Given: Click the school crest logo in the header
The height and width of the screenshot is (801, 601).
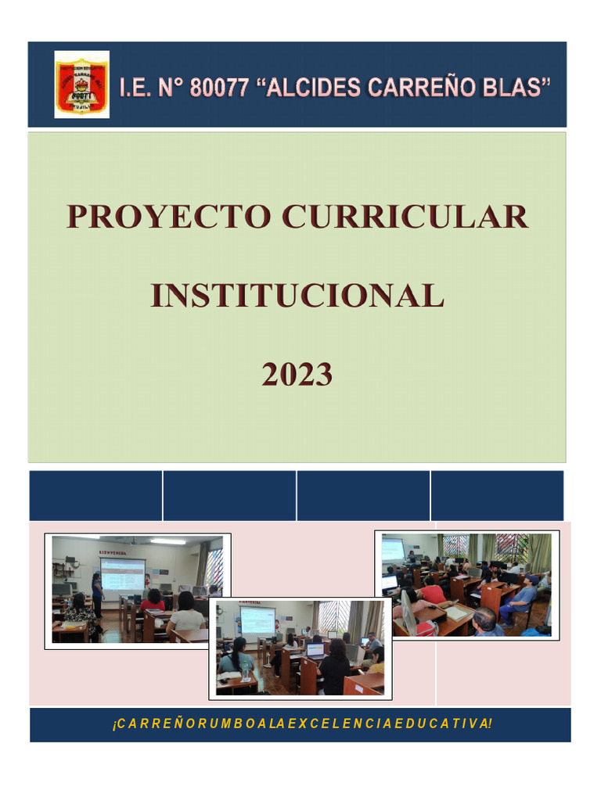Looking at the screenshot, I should tap(81, 84).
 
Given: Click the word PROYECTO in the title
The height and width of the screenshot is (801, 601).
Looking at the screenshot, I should tap(168, 217).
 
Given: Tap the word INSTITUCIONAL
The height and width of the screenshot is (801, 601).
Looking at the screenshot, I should tap(297, 296).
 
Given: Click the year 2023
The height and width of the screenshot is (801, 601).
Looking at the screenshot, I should tap(297, 375).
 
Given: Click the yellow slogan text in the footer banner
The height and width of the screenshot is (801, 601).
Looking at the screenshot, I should tap(300, 724).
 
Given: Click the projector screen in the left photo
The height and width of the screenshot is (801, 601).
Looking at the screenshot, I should tap(122, 575).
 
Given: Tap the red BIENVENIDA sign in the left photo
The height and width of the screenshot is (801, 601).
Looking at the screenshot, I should tap(113, 552).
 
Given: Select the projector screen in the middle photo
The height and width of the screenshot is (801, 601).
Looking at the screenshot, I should tap(257, 620).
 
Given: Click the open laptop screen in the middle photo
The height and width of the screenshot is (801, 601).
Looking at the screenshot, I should tap(315, 650).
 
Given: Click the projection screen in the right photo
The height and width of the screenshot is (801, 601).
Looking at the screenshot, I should tap(393, 549).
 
